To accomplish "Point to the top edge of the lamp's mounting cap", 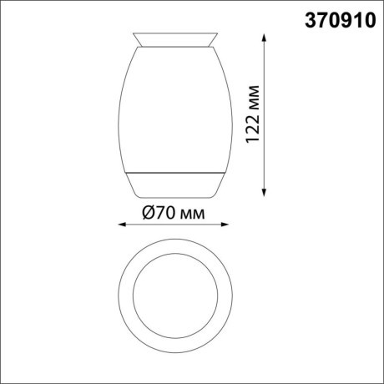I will coord(174,34).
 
